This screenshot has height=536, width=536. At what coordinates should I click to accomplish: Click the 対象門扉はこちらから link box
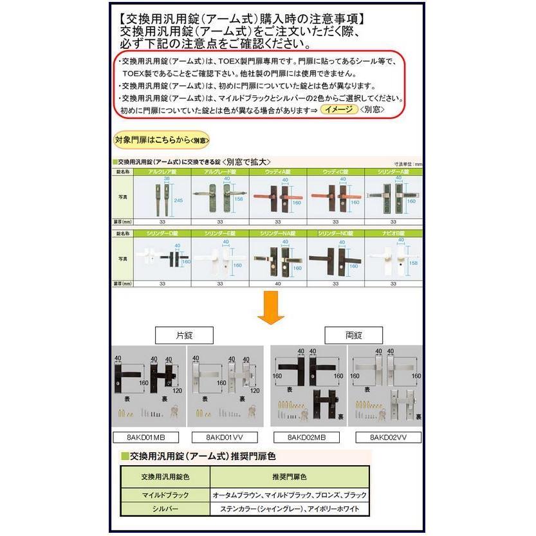162,140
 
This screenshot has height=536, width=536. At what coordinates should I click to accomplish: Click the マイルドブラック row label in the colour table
165,495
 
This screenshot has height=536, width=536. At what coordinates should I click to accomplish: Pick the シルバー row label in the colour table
165,509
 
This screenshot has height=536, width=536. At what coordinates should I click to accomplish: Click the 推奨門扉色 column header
290,478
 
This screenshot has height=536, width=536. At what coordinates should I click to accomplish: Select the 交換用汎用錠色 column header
165,478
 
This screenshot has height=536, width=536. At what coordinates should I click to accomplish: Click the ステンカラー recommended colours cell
290,509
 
